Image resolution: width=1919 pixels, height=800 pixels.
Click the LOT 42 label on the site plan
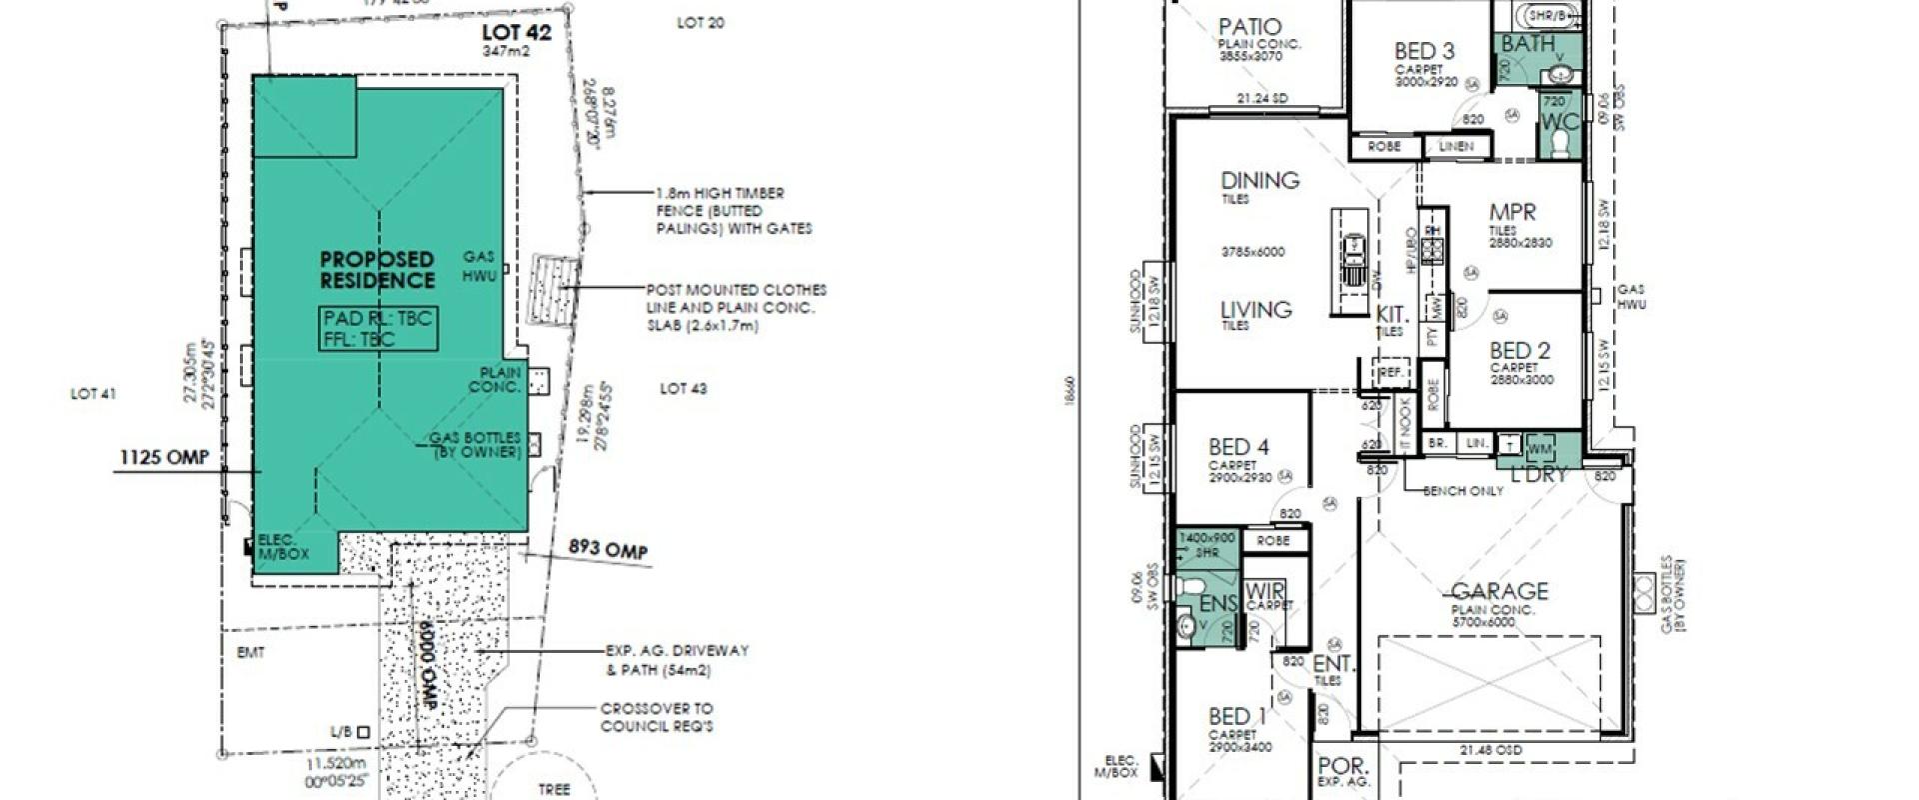point(516,33)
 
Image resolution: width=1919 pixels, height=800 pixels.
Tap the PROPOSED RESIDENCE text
point(377,270)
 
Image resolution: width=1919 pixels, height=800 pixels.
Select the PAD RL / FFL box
point(378,329)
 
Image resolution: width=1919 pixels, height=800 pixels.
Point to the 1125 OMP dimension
point(165,457)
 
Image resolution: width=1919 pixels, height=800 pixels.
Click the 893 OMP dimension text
point(608,548)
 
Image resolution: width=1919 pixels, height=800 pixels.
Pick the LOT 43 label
point(684,388)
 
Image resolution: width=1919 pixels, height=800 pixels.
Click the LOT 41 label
point(93,394)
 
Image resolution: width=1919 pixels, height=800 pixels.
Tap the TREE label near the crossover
point(554,789)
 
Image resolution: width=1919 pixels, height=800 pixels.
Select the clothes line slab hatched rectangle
point(554,290)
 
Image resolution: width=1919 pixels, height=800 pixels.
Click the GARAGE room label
point(1499,591)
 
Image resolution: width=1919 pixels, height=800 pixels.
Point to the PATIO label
point(1249,27)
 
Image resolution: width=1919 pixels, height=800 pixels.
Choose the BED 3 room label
point(1424,51)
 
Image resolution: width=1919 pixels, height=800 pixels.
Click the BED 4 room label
point(1238,447)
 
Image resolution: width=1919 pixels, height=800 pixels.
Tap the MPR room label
point(1512,212)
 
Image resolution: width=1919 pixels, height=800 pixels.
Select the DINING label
point(1259,181)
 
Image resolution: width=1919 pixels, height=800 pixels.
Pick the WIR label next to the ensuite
point(1265,592)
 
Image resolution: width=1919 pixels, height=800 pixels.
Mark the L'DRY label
point(1538,475)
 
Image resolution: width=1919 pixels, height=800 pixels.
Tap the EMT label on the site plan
point(252,653)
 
